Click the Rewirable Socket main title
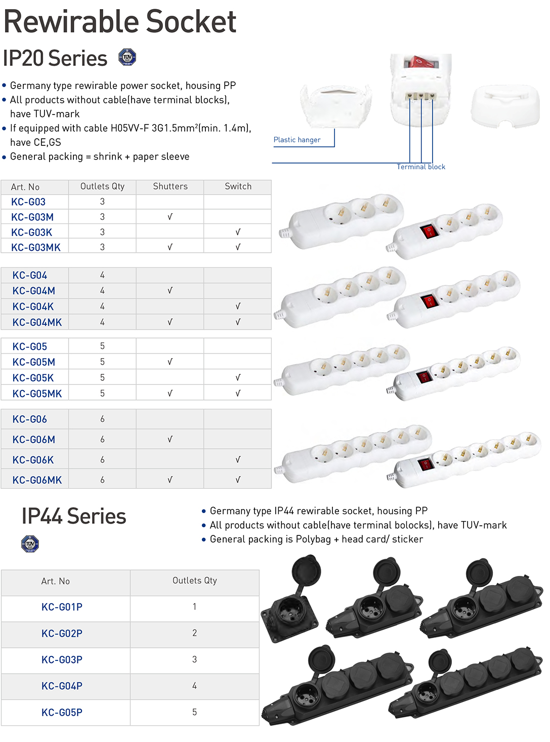120,22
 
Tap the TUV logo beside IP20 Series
127,57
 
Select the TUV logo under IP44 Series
30,544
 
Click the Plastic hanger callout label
297,140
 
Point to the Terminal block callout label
421,167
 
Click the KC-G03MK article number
36,247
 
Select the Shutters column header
170,186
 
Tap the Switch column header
238,186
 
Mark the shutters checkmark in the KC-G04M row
170,291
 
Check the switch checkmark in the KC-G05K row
238,378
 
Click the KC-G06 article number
30,419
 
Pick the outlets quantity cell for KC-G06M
102,440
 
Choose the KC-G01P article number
62,607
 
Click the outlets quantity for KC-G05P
194,712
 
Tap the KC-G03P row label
62,659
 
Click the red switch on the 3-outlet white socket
428,231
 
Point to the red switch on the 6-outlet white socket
425,463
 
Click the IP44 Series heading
74,517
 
